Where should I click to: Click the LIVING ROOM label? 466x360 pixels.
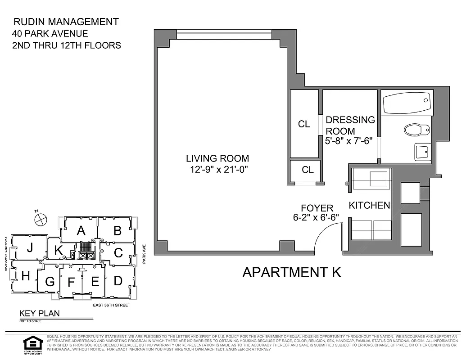pos(217,158)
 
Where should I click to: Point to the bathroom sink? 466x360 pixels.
pos(422,152)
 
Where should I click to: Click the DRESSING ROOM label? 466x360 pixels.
pos(350,125)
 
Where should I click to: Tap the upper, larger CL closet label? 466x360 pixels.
pos(304,124)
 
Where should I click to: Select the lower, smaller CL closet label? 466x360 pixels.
pos(308,170)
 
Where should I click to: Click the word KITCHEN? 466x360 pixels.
pos(369,205)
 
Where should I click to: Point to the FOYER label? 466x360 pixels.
pos(317,208)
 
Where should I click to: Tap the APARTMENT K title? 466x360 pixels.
pos(291,272)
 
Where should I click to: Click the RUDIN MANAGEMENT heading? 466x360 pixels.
pos(66,22)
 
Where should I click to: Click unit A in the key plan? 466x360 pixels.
pos(81,231)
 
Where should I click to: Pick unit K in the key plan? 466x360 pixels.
pos(59,251)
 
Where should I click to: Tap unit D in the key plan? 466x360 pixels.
pos(118,281)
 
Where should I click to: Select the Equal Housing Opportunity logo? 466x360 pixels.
pos(33,344)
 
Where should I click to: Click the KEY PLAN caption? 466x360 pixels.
pos(39,314)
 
